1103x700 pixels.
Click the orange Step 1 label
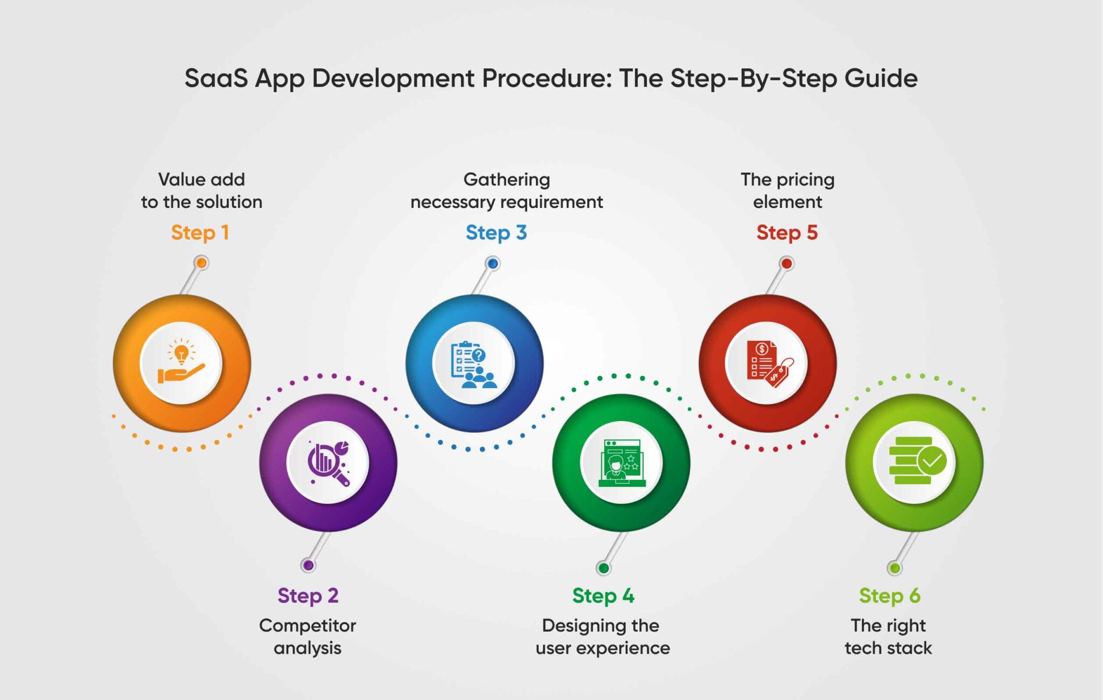coord(200,233)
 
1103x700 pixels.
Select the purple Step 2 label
coord(308,596)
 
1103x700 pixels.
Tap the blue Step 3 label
coord(496,233)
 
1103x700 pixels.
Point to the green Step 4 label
coord(603,596)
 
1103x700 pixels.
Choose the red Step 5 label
coord(787,233)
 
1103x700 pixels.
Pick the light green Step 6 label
coord(890,596)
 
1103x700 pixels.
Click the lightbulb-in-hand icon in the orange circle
coord(181,361)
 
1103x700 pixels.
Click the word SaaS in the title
coord(216,78)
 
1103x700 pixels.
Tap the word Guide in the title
coord(881,78)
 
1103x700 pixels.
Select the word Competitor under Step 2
coord(308,626)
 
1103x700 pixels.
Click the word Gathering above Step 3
coord(506,179)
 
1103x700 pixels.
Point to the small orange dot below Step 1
coord(201,263)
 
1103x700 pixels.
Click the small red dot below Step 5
coord(787,263)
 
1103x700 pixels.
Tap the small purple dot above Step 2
coord(308,565)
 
